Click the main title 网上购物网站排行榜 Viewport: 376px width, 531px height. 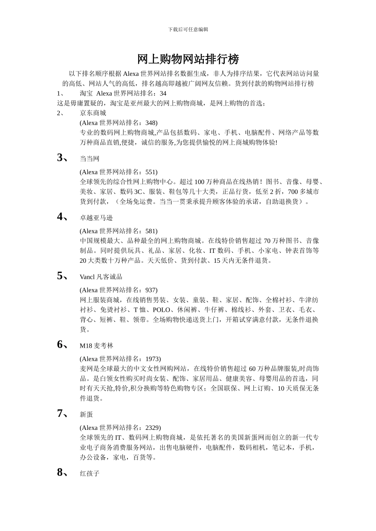point(188,59)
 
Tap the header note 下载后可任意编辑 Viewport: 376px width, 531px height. point(188,29)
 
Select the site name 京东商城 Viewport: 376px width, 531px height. point(93,113)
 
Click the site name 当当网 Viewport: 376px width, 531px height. point(89,159)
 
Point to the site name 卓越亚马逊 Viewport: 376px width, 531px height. point(96,218)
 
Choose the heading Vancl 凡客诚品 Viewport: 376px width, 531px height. point(101,277)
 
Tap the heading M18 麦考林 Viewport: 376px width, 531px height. point(96,346)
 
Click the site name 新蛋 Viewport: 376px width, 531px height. point(86,414)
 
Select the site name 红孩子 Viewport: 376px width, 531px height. point(89,473)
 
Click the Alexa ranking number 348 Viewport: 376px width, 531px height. point(150,123)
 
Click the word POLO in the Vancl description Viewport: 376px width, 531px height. point(161,310)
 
